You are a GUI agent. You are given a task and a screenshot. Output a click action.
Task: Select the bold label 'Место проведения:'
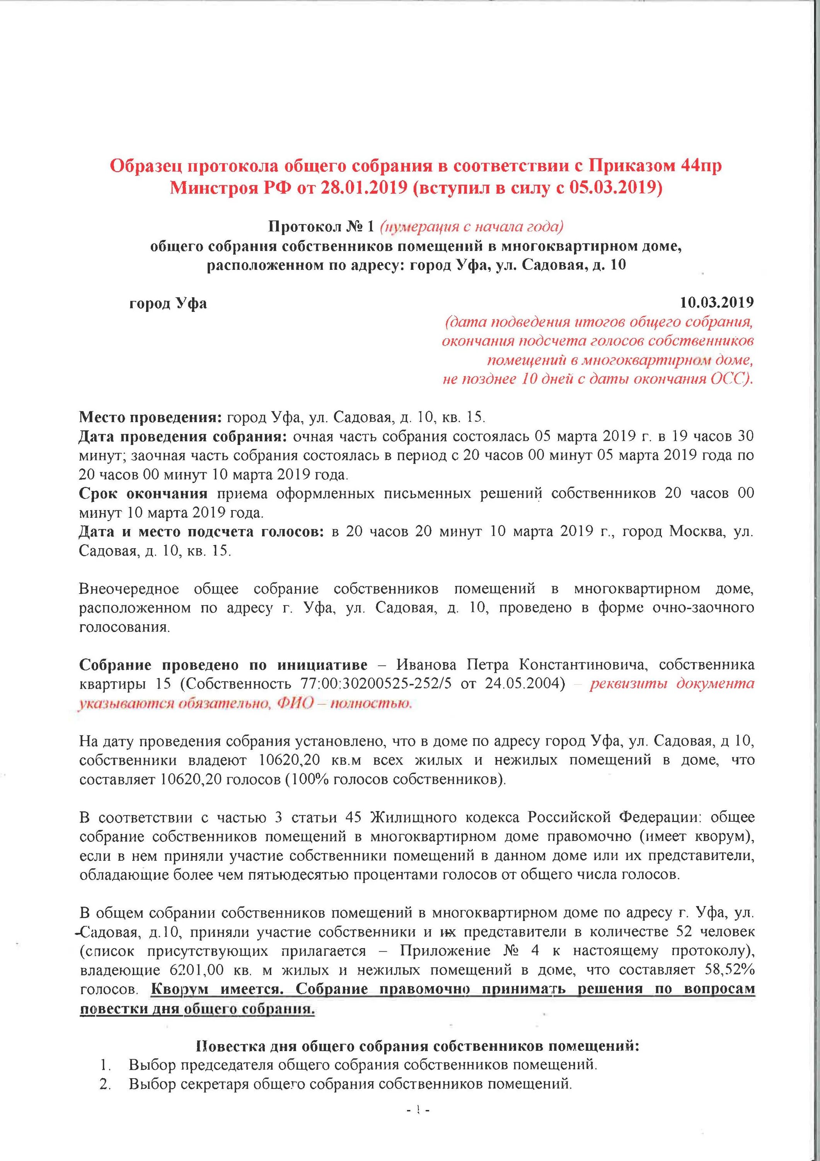[150, 418]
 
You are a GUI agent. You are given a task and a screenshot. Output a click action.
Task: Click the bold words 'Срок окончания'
[143, 493]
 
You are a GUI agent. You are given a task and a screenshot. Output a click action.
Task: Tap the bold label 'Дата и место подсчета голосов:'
[201, 532]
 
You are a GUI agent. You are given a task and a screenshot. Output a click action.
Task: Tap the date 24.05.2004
[524, 684]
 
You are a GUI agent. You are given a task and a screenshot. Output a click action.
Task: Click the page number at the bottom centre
[418, 1135]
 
